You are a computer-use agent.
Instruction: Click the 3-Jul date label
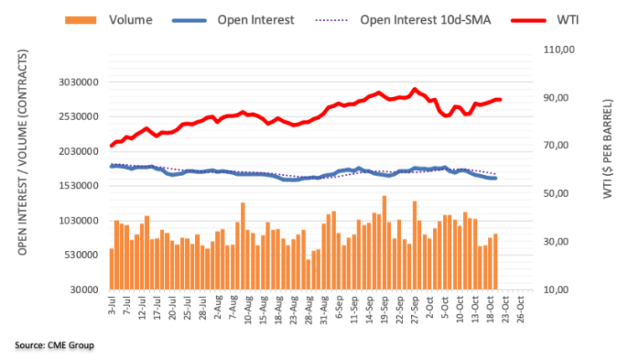(110, 302)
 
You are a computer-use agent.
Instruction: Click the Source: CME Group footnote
(54, 345)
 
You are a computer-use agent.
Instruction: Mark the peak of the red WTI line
(414, 89)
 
